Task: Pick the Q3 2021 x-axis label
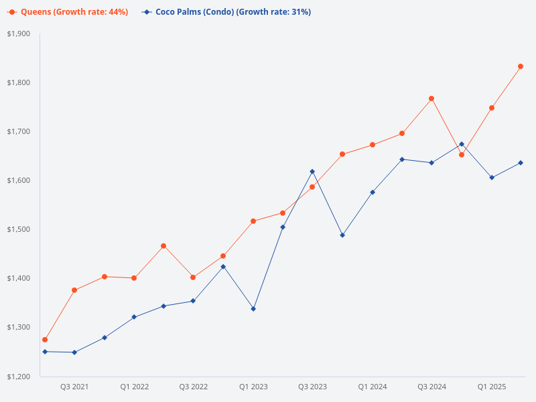(x=74, y=387)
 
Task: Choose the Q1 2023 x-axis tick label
(x=253, y=387)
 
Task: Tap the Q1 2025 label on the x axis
(x=492, y=387)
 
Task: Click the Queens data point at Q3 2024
(x=431, y=98)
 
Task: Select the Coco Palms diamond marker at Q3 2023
(x=312, y=172)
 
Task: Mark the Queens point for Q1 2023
(x=253, y=221)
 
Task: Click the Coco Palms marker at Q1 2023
(x=253, y=309)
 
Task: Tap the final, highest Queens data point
(x=521, y=66)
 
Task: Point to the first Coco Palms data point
(x=45, y=352)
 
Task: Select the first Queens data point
(x=45, y=340)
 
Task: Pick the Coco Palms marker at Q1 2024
(x=373, y=192)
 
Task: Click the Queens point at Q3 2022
(x=193, y=277)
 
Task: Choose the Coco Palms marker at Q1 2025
(x=492, y=178)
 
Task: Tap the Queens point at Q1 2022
(x=134, y=278)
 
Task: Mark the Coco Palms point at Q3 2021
(x=74, y=352)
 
